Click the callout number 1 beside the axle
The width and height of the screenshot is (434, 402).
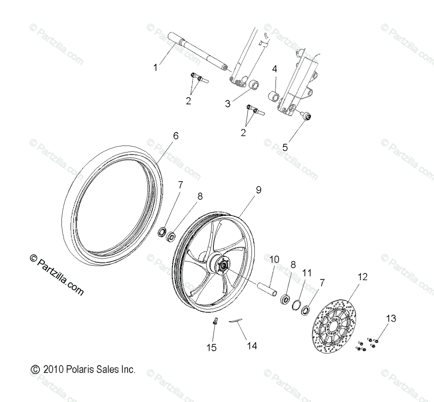156,67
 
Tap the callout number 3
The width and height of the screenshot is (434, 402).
227,104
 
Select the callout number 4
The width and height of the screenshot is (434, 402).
275,69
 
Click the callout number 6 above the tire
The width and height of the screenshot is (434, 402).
176,136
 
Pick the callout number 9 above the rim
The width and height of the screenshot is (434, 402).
258,190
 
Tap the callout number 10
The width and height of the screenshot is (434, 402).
275,259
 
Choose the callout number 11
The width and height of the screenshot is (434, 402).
307,272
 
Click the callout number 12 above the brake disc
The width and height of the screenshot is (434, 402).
362,277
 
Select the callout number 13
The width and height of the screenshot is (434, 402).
391,318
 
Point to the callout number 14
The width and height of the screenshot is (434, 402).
252,346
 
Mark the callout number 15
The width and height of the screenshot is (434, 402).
212,348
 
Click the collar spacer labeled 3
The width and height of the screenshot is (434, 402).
255,86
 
